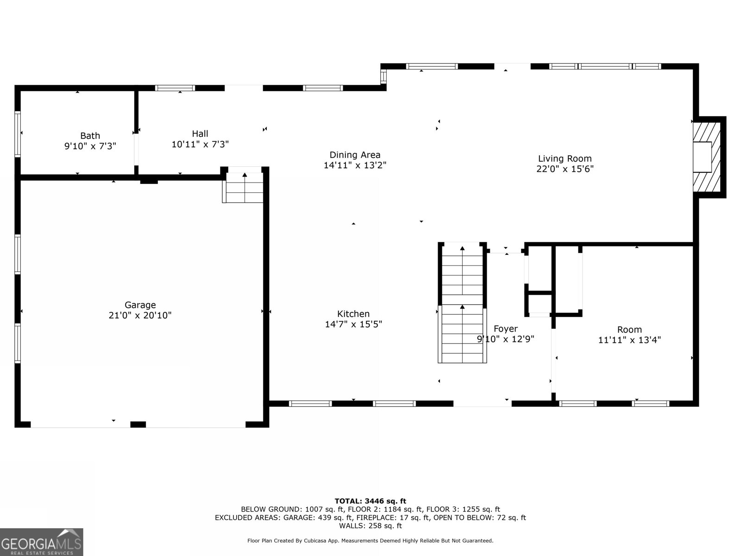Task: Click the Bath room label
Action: pos(90,136)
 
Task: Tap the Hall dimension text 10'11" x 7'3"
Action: pos(200,145)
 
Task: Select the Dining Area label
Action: pos(355,155)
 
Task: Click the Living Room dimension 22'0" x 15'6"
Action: pos(565,169)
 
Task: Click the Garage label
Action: pos(140,305)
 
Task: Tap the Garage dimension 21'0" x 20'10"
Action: pos(140,316)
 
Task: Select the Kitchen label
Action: pos(353,314)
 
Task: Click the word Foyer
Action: pos(505,329)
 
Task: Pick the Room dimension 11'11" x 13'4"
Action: pos(629,340)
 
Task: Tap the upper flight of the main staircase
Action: pos(462,273)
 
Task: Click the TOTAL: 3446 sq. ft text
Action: pos(370,501)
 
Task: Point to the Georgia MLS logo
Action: pos(42,542)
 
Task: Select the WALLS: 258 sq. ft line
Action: pos(370,526)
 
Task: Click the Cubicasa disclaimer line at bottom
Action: pos(370,541)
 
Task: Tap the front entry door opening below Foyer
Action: pos(482,404)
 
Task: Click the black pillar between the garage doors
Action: pos(138,424)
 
